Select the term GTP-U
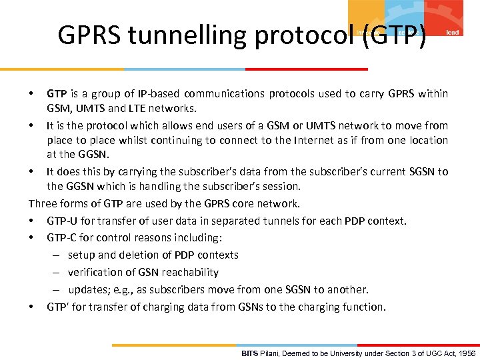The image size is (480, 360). coord(63,221)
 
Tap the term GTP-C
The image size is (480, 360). coord(63,238)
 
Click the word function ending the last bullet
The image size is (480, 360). coord(363,307)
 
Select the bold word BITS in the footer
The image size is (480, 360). coord(249,353)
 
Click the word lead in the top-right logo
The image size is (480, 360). coord(451,31)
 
